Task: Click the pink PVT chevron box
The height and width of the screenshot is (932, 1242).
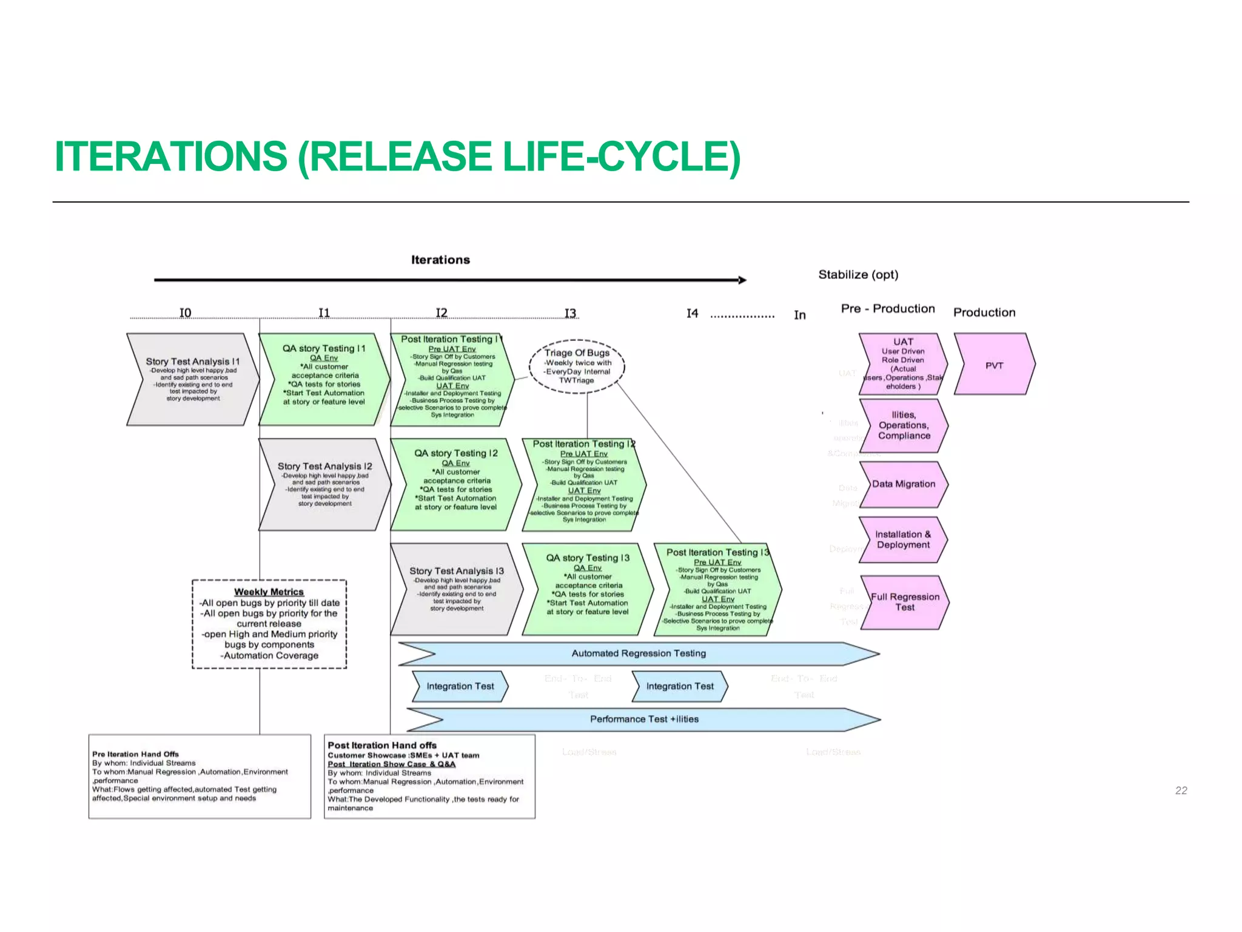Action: pos(993,365)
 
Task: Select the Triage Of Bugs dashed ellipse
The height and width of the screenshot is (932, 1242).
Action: pos(576,366)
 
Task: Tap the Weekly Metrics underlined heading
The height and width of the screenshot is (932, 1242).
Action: pos(269,592)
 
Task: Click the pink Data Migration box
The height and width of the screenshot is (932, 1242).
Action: pos(903,484)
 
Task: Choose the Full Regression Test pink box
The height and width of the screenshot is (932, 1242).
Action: pos(904,602)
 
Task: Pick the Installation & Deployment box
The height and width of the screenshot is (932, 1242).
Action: pos(902,539)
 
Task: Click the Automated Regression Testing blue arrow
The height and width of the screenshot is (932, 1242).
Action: pos(638,653)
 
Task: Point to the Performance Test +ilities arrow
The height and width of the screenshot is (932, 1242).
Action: pos(643,719)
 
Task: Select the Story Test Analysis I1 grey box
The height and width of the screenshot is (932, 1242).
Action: pos(192,379)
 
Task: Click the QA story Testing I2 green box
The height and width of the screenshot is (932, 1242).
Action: pos(455,484)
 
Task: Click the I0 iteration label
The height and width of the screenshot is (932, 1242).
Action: pos(185,312)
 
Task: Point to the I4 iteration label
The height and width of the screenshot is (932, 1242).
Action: pos(692,313)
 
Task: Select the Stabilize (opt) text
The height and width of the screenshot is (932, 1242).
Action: pos(858,274)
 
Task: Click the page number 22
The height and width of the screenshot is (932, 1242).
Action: pos(1181,790)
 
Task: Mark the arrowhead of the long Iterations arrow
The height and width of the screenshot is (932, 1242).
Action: pos(742,280)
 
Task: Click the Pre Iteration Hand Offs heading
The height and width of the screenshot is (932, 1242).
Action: pos(135,754)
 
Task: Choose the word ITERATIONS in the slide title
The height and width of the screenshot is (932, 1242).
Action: pos(170,156)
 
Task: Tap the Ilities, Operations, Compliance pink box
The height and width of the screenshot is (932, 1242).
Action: pos(903,425)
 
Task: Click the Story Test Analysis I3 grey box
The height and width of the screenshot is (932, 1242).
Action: pos(456,589)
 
